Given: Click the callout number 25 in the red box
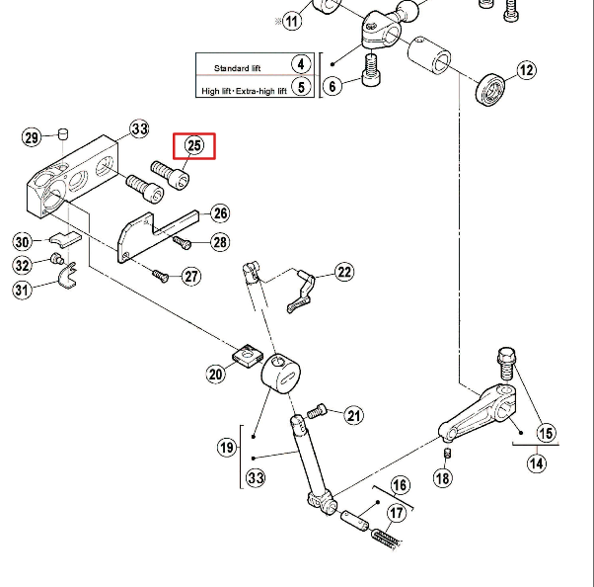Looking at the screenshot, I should point(193,146).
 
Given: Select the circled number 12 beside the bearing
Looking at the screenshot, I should point(526,70).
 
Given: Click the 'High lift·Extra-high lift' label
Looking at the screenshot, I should point(244,91).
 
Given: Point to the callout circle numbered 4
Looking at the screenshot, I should point(301,65).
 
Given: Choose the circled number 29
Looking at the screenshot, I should point(32,137).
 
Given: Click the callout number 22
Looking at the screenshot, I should point(343,272).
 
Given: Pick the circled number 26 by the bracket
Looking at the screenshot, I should point(219,213).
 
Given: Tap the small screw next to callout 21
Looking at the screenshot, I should point(319,409).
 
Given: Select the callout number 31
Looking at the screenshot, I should point(23,290).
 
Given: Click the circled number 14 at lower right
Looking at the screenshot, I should point(536,461).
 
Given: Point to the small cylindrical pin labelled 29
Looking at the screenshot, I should point(61,131).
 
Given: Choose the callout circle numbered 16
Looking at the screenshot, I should point(400,485).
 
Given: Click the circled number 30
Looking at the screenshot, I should point(23,241).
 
